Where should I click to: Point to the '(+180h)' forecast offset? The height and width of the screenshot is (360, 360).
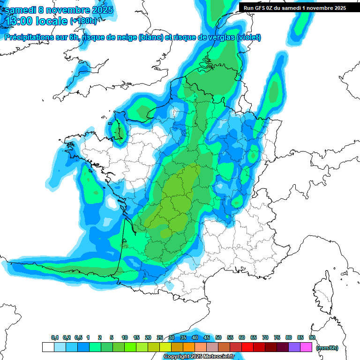click(x=84, y=21)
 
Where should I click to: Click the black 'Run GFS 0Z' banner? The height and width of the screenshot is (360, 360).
click(x=295, y=8)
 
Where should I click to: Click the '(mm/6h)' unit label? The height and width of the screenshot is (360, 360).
click(x=327, y=348)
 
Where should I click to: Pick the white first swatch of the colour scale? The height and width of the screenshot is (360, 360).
click(x=48, y=347)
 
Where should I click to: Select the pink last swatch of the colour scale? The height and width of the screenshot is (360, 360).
click(x=306, y=347)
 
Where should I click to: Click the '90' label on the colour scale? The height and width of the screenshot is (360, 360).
click(x=312, y=337)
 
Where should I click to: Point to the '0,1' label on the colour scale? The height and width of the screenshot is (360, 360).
click(x=55, y=337)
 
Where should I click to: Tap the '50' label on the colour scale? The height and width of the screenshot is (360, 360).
click(x=218, y=337)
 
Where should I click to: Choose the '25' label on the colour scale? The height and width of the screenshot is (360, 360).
click(x=160, y=337)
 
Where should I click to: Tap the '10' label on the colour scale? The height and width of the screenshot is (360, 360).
click(x=125, y=337)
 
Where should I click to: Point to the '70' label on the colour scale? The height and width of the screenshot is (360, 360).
click(x=265, y=337)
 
